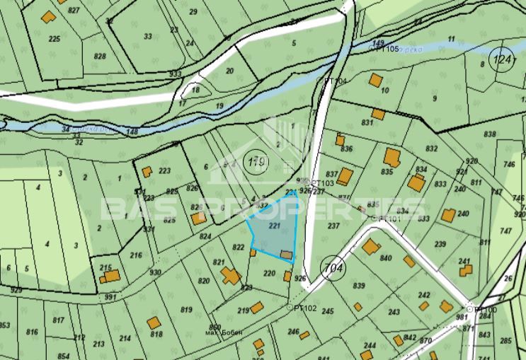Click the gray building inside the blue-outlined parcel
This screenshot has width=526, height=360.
286,254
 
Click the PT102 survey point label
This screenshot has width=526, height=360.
304,308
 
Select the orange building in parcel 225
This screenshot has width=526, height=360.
49,16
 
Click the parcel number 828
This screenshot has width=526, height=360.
100,56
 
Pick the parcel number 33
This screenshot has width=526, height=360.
147,36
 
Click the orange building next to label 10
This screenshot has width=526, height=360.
375,79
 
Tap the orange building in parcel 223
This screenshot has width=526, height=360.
147,172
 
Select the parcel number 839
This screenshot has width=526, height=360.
358,286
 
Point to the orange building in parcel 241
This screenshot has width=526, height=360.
464,270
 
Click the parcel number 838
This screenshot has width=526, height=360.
489,134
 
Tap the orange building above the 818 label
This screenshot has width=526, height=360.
154,323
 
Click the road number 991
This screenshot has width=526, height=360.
110,297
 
